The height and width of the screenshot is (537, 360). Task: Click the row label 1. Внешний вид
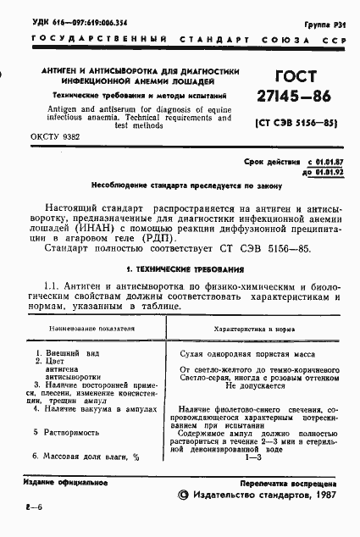point(61,352)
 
